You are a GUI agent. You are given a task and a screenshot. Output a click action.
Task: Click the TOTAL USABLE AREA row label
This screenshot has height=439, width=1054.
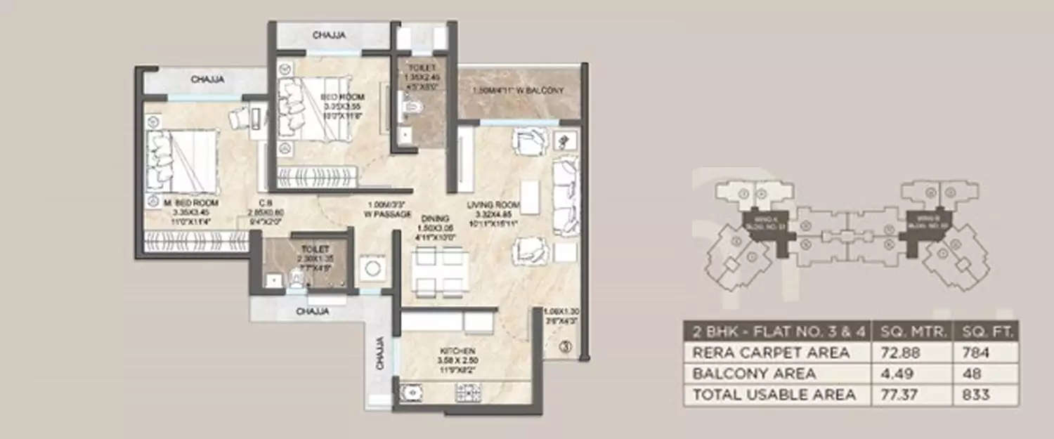(774, 395)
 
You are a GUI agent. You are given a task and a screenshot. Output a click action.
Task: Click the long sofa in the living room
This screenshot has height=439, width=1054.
(566, 196)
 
